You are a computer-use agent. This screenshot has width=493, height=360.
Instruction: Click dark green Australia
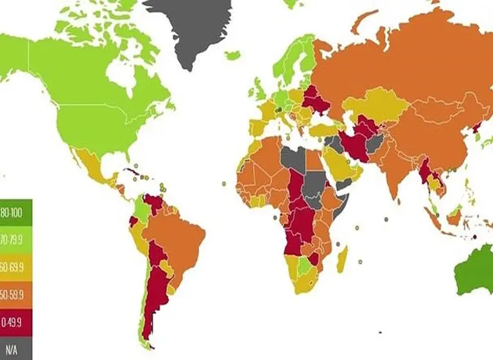475,270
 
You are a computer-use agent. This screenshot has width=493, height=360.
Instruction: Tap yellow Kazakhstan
372,106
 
